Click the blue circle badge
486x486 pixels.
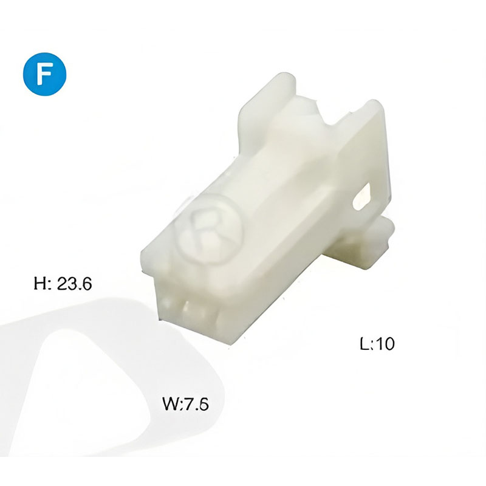[x=44, y=74]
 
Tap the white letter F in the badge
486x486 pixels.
[x=44, y=74]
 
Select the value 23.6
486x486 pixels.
[x=74, y=284]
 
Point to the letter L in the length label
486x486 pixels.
[x=364, y=343]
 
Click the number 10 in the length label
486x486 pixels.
[x=385, y=343]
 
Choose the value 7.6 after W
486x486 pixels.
[x=197, y=404]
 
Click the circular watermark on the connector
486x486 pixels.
[x=210, y=229]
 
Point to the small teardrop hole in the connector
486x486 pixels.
[x=362, y=197]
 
